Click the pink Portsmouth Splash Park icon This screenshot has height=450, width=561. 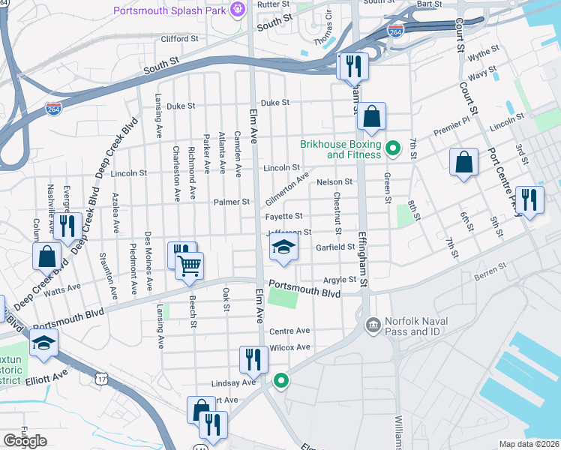(x=238, y=10)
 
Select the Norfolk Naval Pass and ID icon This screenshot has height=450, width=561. (x=371, y=325)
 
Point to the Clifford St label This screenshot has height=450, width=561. (x=179, y=38)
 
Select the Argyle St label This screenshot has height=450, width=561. (x=340, y=280)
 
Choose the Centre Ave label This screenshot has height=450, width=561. (x=289, y=331)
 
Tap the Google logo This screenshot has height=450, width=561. (x=25, y=440)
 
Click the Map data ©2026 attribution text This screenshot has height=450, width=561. (x=529, y=444)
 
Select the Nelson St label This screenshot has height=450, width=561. (x=334, y=181)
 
